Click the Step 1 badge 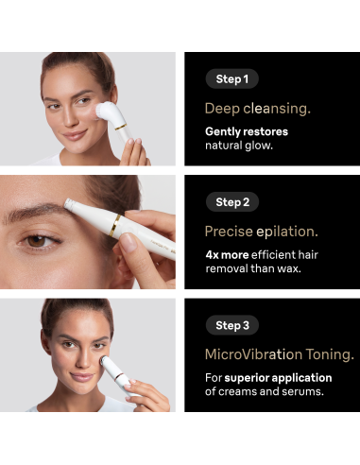[x=231, y=78]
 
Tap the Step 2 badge [x=232, y=202]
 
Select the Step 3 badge [x=232, y=325]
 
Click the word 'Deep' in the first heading [x=222, y=109]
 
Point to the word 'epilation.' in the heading [x=287, y=232]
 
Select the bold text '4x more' [x=227, y=254]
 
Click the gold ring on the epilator [x=114, y=225]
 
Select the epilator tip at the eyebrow [x=69, y=203]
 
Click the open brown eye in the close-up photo [x=37, y=241]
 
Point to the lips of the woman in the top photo [x=75, y=135]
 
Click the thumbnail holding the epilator [x=129, y=242]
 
